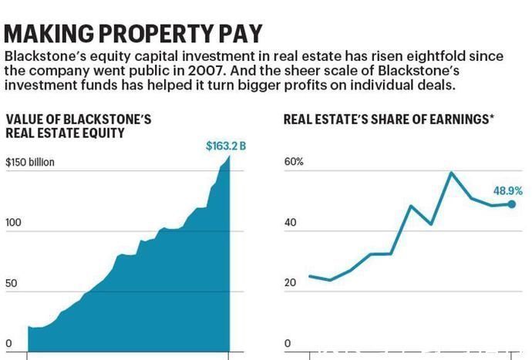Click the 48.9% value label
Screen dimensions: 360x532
(509, 190)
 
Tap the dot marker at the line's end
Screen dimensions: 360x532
(511, 204)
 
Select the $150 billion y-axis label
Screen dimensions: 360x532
(30, 163)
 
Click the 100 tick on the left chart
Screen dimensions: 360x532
(14, 224)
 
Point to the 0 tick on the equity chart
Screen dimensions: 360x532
(8, 344)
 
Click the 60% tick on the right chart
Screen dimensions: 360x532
(294, 163)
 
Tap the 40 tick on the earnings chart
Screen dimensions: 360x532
(290, 224)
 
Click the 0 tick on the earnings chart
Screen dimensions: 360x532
(287, 344)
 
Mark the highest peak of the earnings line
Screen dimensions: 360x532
(451, 173)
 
